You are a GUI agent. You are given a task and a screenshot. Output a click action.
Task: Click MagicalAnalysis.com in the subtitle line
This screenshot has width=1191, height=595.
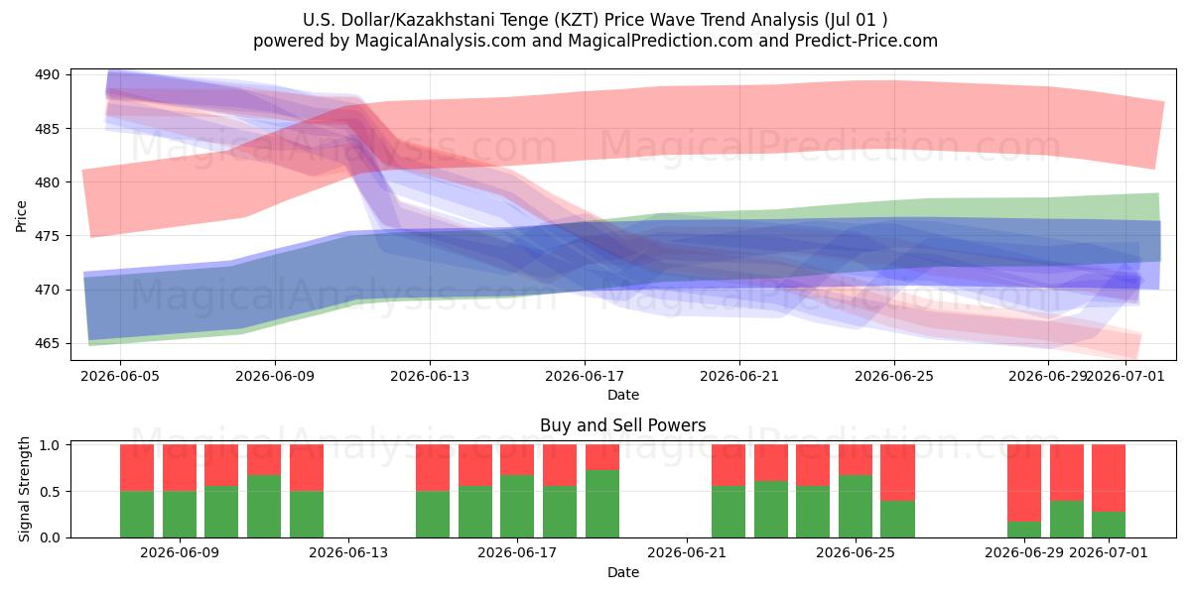tap(441, 41)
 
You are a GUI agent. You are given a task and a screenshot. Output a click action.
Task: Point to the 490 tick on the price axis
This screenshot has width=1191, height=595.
tap(48, 74)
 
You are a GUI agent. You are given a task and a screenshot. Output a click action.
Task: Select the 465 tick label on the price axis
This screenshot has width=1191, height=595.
tap(48, 344)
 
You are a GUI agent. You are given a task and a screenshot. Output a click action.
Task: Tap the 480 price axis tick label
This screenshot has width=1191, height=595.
tap(48, 182)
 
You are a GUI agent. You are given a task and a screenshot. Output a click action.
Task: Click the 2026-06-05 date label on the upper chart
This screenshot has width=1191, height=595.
tap(120, 376)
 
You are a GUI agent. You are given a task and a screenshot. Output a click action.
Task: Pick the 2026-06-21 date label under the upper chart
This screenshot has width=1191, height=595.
tap(739, 376)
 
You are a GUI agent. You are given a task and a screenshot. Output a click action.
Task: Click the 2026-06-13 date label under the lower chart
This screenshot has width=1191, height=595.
tap(348, 553)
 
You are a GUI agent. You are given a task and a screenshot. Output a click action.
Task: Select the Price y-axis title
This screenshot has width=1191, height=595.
tap(21, 216)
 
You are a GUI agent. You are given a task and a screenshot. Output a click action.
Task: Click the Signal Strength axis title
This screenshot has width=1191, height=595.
tap(24, 489)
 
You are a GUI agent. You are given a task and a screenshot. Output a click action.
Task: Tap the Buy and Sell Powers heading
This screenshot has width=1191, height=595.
tap(623, 425)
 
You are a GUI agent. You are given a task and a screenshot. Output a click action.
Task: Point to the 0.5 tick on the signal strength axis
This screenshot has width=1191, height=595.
tap(51, 492)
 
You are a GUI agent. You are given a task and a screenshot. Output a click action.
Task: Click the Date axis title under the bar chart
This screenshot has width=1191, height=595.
tap(623, 573)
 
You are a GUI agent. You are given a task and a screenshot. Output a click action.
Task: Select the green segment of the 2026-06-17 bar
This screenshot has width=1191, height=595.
tap(517, 507)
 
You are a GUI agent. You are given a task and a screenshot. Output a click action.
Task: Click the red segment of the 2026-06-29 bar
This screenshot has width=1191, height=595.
tap(1024, 483)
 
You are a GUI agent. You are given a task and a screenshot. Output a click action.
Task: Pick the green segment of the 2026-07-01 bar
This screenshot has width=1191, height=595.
tap(1109, 525)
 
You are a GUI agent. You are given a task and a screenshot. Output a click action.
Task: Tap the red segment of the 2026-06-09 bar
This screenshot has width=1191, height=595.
tap(180, 467)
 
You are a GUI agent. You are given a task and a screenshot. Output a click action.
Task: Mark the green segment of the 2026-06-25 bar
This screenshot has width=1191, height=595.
tap(856, 507)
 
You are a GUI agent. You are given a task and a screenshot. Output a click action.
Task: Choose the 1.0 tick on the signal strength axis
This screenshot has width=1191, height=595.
tap(51, 444)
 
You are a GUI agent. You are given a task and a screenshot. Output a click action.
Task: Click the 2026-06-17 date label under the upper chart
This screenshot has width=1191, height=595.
tap(585, 376)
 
